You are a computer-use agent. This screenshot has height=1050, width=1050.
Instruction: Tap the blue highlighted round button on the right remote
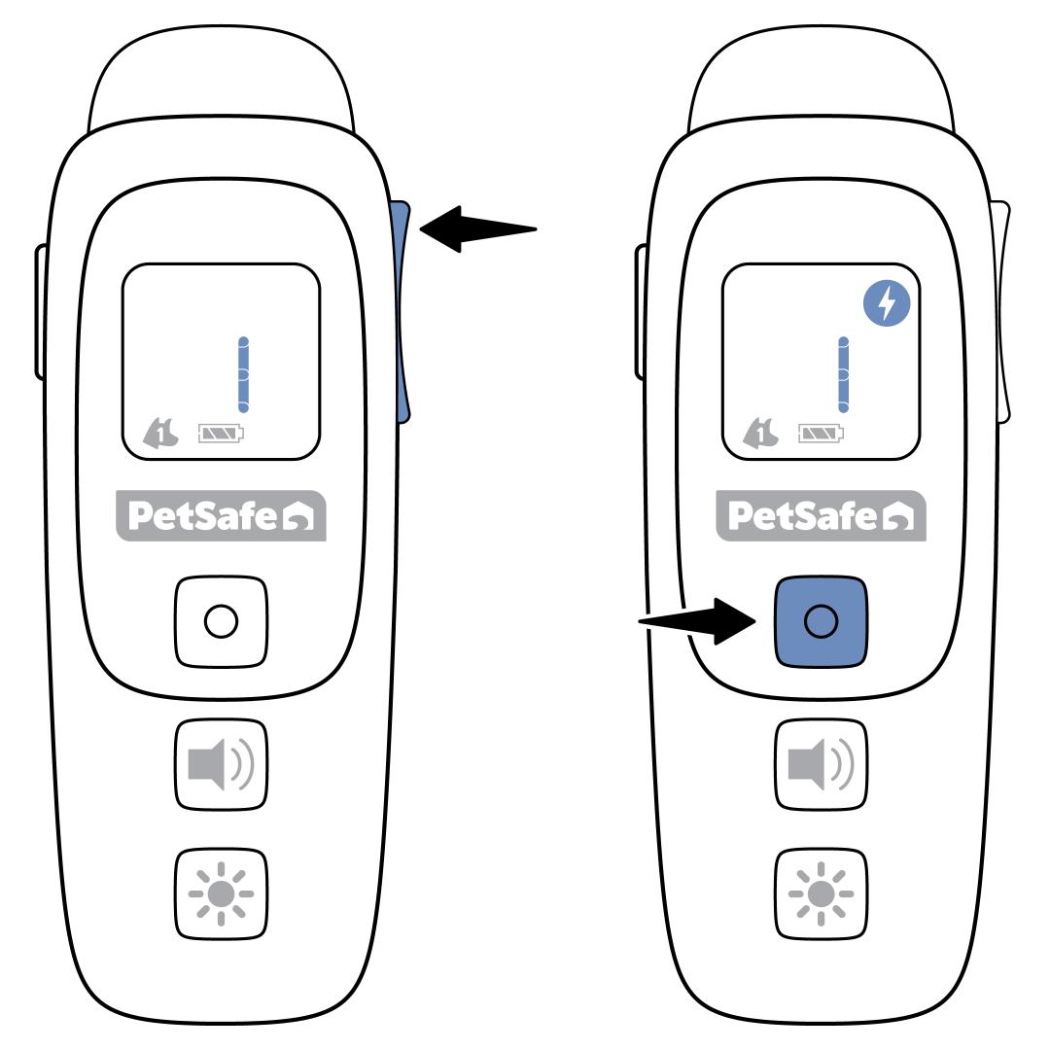tap(821, 621)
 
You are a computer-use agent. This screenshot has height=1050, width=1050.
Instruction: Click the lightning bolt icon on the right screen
tap(886, 305)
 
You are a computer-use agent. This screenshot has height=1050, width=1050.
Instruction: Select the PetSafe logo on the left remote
tap(222, 514)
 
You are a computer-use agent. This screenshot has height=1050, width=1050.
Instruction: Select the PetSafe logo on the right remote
tap(822, 514)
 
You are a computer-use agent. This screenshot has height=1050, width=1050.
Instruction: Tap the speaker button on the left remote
tap(221, 763)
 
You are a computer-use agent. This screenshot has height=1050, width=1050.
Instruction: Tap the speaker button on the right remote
tap(821, 763)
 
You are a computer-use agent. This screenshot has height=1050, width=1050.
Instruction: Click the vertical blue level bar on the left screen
tap(244, 374)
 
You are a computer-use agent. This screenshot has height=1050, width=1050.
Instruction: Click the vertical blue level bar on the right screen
tap(844, 374)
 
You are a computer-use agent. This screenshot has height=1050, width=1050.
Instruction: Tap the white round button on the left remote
tap(221, 621)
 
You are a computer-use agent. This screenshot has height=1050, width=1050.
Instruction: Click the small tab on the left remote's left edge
tap(41, 311)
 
